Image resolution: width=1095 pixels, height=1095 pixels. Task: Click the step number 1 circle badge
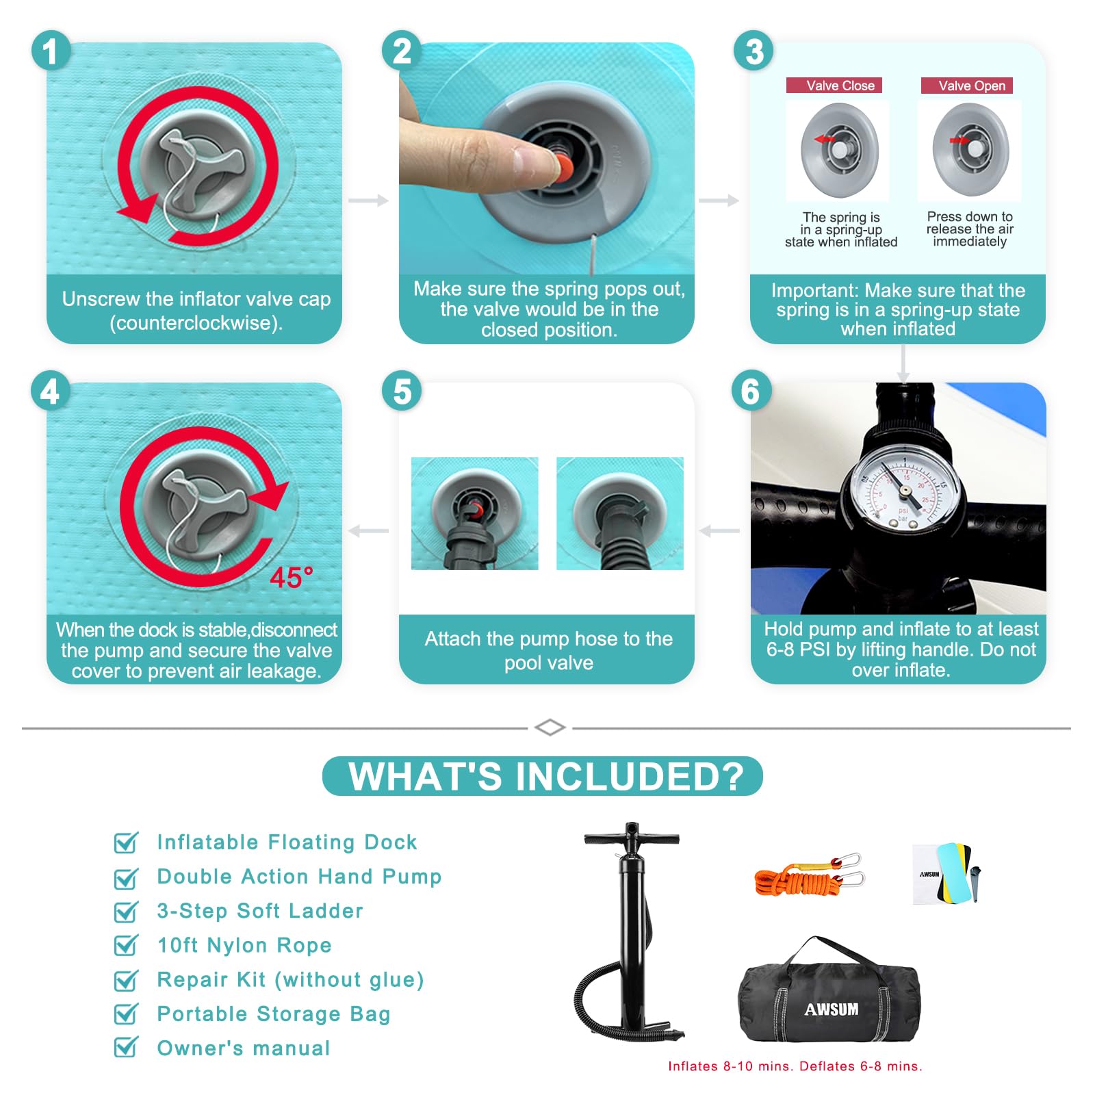point(51,51)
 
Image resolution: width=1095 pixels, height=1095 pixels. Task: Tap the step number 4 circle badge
point(51,391)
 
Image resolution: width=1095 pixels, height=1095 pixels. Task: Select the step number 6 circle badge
point(751,391)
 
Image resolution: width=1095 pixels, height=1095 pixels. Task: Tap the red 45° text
point(291,578)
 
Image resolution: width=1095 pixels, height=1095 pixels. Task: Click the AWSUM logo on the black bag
point(832,1009)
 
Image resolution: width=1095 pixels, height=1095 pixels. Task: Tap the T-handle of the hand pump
point(632,838)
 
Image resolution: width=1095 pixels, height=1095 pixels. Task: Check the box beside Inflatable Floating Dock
point(126,842)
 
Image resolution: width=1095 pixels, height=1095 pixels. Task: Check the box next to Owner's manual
point(126,1047)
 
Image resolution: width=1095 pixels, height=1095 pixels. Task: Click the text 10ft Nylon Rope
point(244,945)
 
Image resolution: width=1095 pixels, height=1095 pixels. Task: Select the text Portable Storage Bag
point(274,1014)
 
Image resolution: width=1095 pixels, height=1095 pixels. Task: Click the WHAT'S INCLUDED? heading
point(546,777)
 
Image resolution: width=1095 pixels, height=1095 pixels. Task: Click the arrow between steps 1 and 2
point(368,201)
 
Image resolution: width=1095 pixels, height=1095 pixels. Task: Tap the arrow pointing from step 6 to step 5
point(719,531)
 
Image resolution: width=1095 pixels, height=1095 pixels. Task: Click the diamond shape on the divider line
point(550,727)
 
